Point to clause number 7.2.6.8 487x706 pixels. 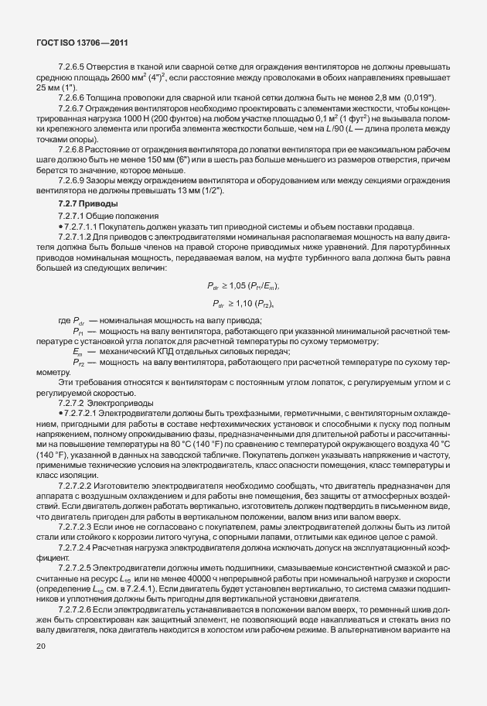tap(73, 148)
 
